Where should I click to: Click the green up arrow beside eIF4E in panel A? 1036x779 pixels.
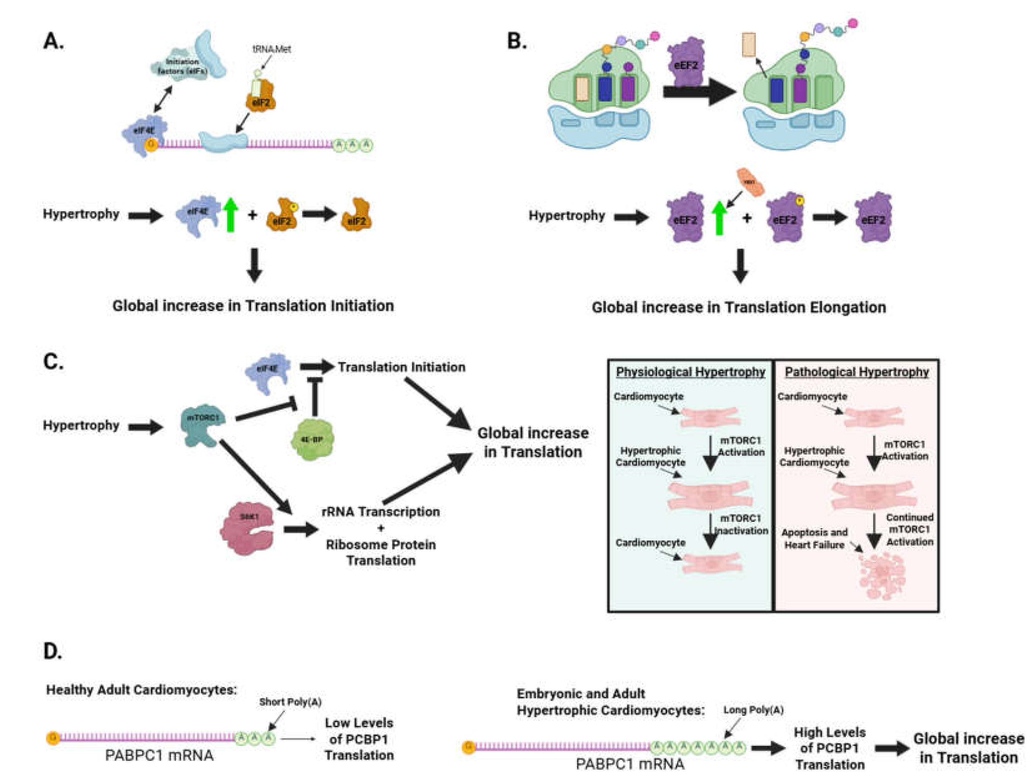click(x=230, y=215)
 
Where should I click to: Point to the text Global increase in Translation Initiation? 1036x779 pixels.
click(x=253, y=306)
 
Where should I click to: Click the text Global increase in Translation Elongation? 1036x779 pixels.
click(x=739, y=308)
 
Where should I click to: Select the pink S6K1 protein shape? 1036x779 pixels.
click(x=247, y=528)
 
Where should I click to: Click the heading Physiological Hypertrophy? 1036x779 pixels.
click(x=690, y=372)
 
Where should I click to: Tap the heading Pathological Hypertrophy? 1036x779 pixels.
click(x=857, y=372)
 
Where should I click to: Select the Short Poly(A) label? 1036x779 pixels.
click(x=290, y=702)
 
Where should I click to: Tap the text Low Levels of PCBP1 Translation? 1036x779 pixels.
click(x=359, y=739)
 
